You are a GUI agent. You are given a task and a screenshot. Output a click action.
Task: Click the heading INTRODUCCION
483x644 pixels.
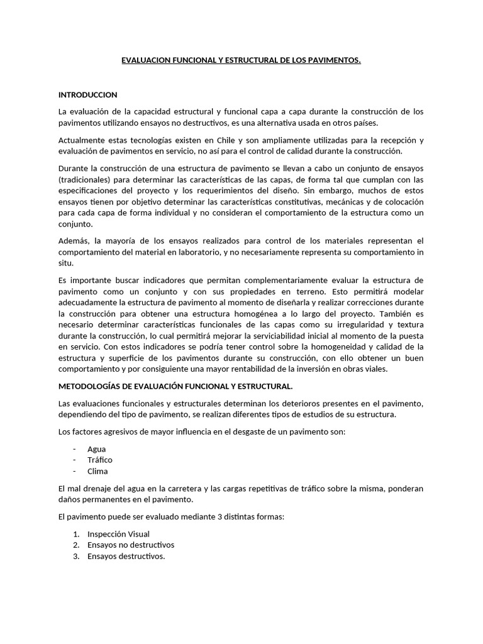tap(87, 95)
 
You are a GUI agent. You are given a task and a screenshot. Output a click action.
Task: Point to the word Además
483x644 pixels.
tap(74, 240)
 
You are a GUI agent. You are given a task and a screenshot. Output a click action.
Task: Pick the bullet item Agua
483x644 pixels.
tap(97, 448)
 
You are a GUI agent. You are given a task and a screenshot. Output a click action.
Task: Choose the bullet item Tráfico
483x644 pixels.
tap(100, 460)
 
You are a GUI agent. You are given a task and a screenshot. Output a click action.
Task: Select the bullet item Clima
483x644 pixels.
tap(97, 471)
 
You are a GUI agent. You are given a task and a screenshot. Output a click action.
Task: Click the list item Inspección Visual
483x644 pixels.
tap(118, 534)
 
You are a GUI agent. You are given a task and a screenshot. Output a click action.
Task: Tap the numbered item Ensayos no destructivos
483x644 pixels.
tap(131, 545)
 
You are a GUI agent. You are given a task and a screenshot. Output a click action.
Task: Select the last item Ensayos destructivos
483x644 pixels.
tap(126, 556)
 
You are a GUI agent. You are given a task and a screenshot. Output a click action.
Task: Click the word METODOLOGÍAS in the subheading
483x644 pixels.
tap(92, 386)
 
